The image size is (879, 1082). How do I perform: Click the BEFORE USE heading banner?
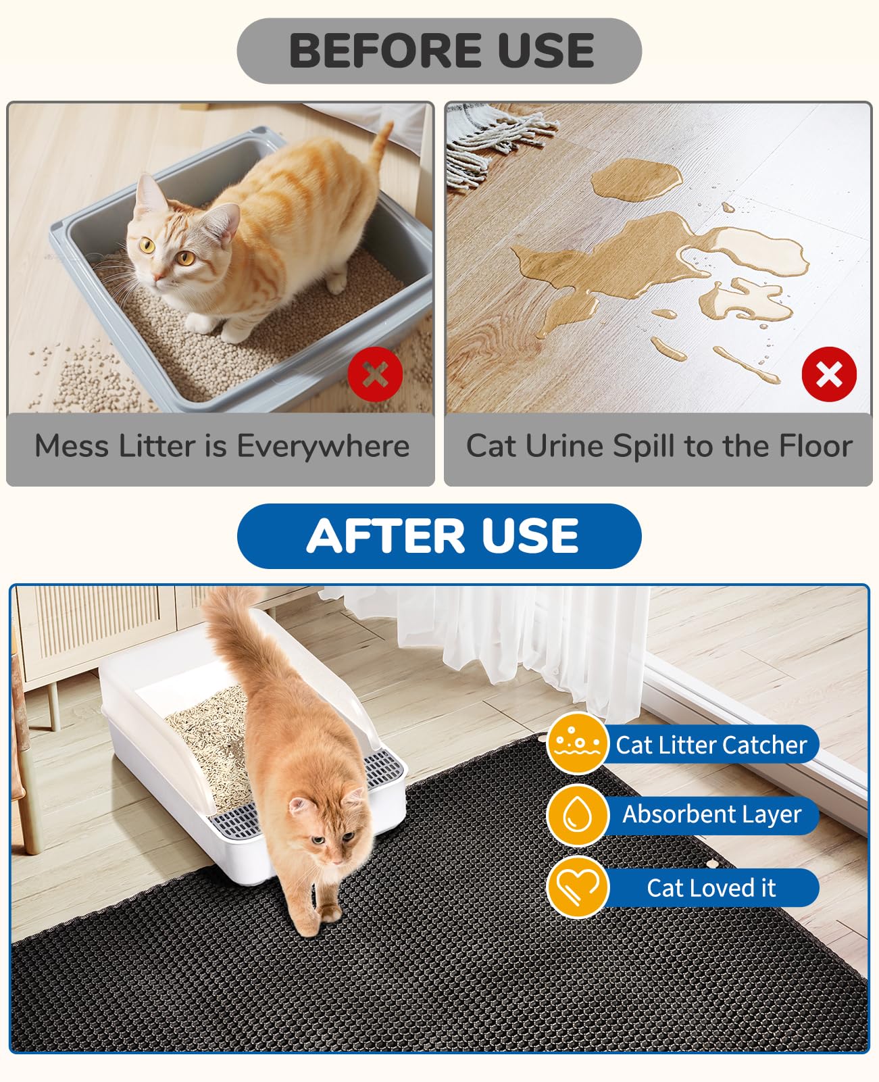(439, 51)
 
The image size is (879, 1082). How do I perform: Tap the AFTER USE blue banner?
(439, 536)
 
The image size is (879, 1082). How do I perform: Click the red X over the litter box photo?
(375, 374)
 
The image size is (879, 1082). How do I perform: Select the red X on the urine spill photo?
(829, 374)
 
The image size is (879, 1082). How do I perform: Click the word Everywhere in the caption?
(323, 447)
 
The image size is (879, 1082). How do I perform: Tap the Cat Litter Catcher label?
(711, 745)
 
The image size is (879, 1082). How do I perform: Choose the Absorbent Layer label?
(711, 814)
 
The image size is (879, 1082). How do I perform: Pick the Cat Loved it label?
(711, 888)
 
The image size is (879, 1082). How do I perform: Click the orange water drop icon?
(578, 814)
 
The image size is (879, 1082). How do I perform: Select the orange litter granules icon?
(577, 743)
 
